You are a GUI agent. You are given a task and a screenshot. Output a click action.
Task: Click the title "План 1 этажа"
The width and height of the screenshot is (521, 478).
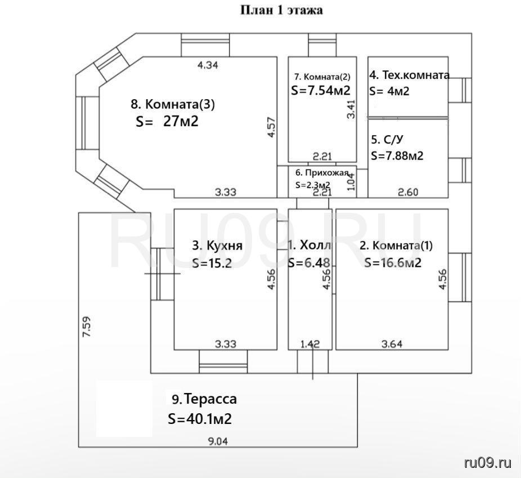coord(281,10)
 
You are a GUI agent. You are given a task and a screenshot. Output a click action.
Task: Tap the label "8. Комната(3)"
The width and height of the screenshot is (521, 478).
coord(173,104)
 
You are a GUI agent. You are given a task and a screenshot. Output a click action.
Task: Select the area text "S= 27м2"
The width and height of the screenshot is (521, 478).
coord(167,121)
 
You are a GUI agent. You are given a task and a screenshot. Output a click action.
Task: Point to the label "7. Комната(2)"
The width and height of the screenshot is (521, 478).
coord(322,77)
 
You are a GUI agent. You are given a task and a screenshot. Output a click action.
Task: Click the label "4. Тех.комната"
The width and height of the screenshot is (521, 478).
coord(410,75)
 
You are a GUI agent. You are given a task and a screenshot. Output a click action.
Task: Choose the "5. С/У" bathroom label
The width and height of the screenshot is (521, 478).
coord(388,140)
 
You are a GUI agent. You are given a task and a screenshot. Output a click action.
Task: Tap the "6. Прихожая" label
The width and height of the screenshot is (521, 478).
coord(322,172)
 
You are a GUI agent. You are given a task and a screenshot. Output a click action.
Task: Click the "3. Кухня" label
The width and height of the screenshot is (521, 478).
coord(217,245)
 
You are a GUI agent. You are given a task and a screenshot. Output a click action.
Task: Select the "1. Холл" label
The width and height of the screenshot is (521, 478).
coord(309,245)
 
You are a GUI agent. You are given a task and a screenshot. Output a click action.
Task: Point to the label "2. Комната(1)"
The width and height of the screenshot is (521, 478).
coord(396,245)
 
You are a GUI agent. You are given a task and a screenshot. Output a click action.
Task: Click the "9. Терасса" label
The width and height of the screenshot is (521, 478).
coord(204,399)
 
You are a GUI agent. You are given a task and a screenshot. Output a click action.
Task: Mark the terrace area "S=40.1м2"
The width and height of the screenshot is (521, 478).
coord(200,419)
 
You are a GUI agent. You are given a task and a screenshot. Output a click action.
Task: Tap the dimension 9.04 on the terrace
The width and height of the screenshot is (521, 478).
coord(218,441)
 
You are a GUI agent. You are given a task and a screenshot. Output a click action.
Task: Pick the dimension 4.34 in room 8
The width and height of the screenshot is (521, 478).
coord(208,65)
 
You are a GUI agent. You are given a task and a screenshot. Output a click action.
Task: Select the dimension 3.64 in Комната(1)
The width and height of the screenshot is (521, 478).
coord(392,343)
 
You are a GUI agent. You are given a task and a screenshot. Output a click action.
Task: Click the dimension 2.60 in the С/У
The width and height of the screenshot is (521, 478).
coord(408,192)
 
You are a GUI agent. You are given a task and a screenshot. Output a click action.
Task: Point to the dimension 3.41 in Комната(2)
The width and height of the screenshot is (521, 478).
coord(351,109)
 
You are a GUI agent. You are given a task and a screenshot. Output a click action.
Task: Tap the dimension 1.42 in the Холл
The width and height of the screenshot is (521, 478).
coord(310,343)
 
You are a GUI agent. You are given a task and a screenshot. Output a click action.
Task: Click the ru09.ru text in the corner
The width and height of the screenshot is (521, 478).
coord(487,462)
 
